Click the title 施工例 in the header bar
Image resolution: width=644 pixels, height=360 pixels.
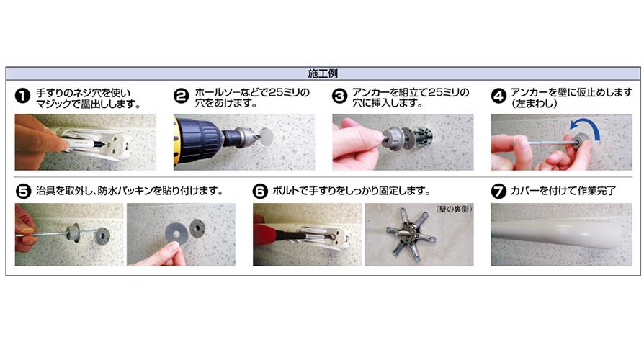point(323,73)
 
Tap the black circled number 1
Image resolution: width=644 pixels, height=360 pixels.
point(22,96)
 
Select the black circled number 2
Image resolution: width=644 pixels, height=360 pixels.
point(181,96)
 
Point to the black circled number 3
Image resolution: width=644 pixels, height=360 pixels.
point(339,96)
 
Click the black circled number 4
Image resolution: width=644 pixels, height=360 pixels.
point(498,96)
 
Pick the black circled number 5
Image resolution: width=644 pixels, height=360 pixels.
point(23,192)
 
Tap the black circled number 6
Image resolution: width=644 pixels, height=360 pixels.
point(260,192)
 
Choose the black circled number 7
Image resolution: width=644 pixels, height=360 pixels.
point(498,192)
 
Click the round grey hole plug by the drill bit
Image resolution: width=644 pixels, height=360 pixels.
point(266,137)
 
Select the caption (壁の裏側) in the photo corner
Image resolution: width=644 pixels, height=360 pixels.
point(453,210)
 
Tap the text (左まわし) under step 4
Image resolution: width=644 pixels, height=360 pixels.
point(535,104)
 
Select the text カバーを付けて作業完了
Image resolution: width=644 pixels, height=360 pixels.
point(563,191)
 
